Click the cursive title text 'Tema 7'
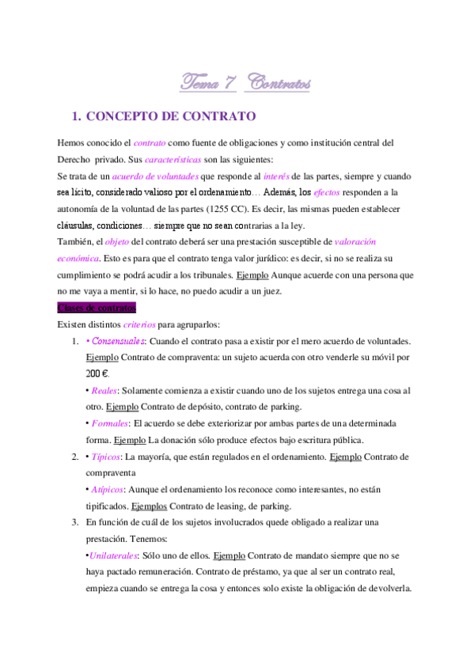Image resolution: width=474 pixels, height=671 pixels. [203, 82]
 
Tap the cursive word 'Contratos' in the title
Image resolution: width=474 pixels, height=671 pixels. [278, 82]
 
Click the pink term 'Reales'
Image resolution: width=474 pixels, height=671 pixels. [105, 391]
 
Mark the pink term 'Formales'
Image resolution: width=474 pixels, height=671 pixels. [110, 423]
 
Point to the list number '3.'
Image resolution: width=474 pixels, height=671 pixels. [74, 523]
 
